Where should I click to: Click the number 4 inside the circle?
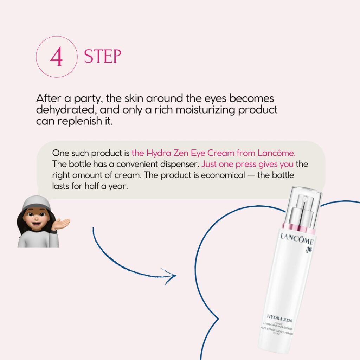[x=56, y=57]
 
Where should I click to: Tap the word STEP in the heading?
[x=102, y=56]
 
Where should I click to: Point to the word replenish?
[x=79, y=121]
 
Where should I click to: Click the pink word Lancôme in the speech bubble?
[x=276, y=153]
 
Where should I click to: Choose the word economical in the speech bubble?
[x=223, y=175]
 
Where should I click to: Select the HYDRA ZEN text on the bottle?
[x=279, y=318]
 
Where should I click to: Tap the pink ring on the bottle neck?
[x=298, y=228]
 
